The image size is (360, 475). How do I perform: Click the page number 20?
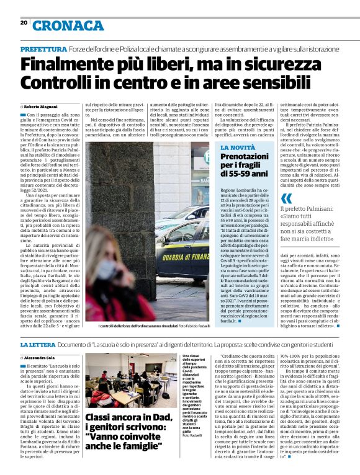(x=24, y=23)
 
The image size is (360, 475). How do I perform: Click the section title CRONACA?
(x=68, y=25)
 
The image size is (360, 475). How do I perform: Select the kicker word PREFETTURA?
(x=43, y=48)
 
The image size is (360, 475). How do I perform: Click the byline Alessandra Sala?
(x=42, y=358)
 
